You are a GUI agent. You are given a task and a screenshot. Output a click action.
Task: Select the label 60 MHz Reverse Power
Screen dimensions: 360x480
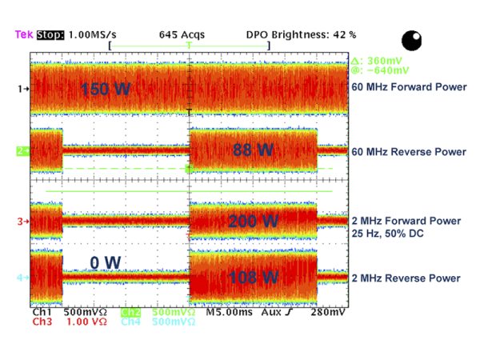pyautogui.click(x=408, y=152)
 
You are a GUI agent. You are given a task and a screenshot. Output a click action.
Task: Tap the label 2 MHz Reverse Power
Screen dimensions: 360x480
pyautogui.click(x=406, y=278)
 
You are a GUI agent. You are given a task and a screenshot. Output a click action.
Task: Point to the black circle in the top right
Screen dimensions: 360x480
pyautogui.click(x=412, y=40)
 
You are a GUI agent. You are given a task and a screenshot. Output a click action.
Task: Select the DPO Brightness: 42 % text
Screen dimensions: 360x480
pyautogui.click(x=301, y=36)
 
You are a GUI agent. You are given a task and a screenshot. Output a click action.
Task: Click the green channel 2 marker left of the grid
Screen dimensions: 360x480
pyautogui.click(x=23, y=150)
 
